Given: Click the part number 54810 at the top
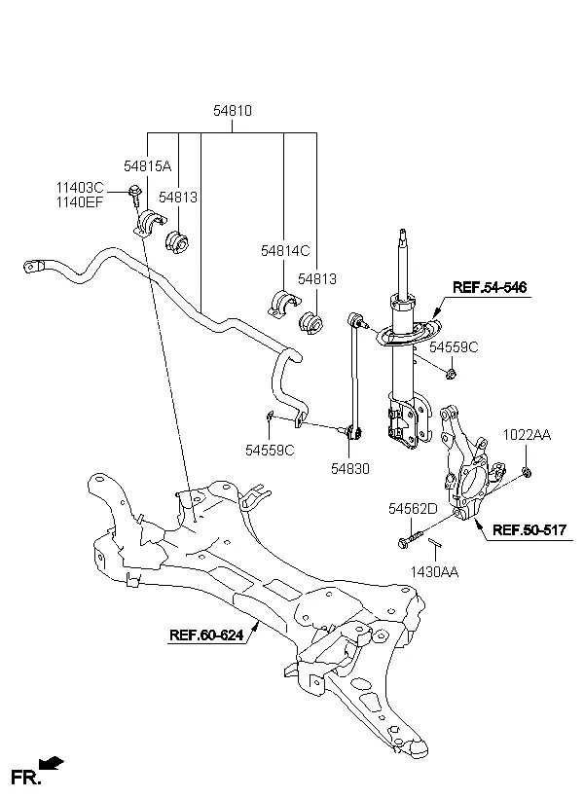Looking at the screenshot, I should (x=233, y=112).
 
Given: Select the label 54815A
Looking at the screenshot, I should (x=146, y=166).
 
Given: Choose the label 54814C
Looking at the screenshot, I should (x=284, y=251).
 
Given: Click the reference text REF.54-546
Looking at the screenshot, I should (x=489, y=287).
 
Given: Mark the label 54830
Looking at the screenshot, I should (x=348, y=468).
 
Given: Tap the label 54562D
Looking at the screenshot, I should (x=413, y=508).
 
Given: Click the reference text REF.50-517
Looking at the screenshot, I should (x=529, y=530).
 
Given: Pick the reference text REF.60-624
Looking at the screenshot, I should (x=205, y=635).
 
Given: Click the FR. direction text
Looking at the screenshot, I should (x=23, y=776).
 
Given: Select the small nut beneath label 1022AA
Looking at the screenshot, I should (x=526, y=472).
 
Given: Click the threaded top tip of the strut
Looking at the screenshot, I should (x=401, y=236).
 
